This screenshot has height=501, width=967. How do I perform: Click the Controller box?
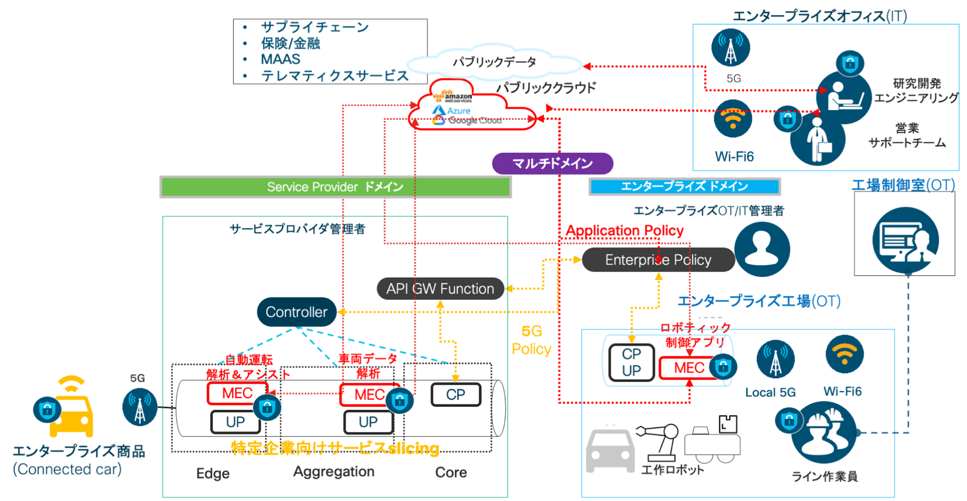[x=296, y=312]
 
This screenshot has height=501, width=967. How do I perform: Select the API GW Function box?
[x=440, y=289]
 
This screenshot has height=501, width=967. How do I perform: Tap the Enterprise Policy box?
[x=658, y=260]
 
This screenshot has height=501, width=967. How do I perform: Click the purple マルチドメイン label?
[x=552, y=163]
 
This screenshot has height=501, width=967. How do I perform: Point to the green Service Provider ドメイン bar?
[x=335, y=187]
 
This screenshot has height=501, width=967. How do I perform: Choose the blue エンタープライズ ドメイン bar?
[x=684, y=186]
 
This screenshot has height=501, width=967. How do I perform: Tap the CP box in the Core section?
[x=455, y=395]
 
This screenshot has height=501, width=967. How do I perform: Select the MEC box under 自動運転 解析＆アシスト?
[x=237, y=393]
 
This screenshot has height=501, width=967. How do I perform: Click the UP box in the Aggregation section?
[x=368, y=422]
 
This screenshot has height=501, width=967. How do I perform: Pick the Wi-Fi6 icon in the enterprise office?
[x=733, y=119]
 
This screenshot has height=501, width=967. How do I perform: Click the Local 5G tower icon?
[x=775, y=359]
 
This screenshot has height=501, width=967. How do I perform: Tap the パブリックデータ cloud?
[x=494, y=62]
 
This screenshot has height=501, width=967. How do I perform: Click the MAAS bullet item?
[x=280, y=59]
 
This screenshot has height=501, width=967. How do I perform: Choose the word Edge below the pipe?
[x=213, y=473]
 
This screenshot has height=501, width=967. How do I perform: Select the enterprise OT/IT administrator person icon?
[x=762, y=249]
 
